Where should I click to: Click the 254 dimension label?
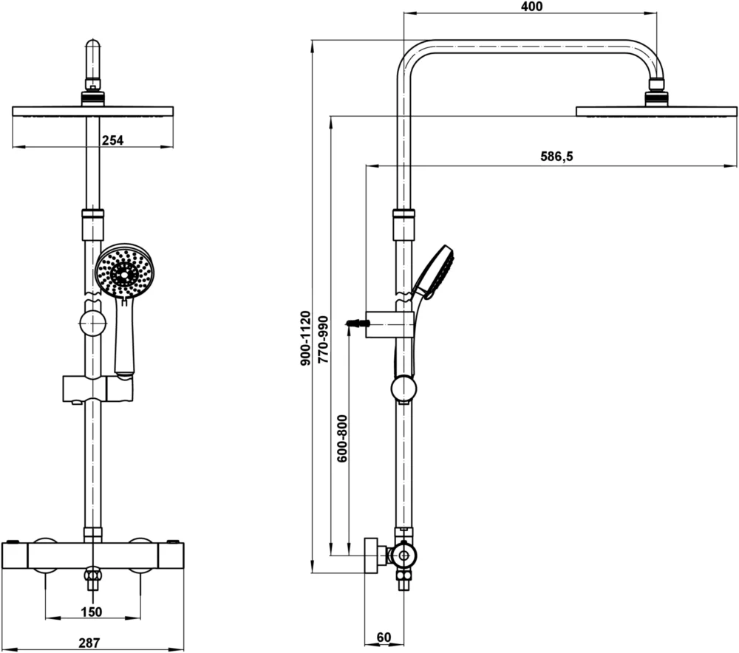pyautogui.click(x=112, y=140)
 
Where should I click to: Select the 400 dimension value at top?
pyautogui.click(x=531, y=7)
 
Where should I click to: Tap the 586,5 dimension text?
pyautogui.click(x=556, y=157)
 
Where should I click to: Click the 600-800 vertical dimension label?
pyautogui.click(x=342, y=439)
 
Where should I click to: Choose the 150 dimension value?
pyautogui.click(x=92, y=612)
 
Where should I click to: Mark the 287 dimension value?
pyautogui.click(x=89, y=643)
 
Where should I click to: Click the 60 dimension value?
pyautogui.click(x=384, y=637)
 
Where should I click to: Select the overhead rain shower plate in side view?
pyautogui.click(x=656, y=112)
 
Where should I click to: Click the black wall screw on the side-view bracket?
pyautogui.click(x=356, y=324)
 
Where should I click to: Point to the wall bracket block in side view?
pyautogui.click(x=389, y=324)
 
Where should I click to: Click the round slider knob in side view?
pyautogui.click(x=403, y=389)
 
